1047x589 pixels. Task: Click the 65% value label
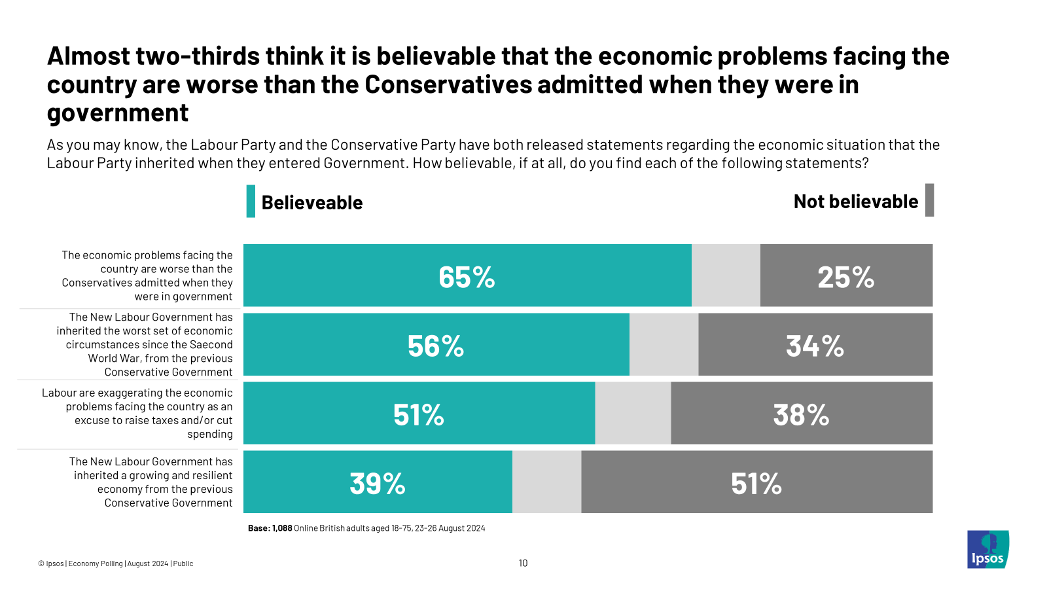click(467, 277)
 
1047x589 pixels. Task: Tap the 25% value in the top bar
click(845, 277)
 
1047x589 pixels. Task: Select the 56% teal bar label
click(436, 346)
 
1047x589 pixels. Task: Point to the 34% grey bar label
click(815, 346)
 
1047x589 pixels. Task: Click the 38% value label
click(801, 415)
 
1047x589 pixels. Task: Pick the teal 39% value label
click(378, 484)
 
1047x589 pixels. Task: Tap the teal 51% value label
click(419, 415)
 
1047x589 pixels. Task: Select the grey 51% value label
click(756, 484)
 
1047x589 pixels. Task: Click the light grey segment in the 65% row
click(726, 276)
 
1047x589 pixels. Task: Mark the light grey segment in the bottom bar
click(546, 482)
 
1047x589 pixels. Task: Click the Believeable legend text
click(312, 203)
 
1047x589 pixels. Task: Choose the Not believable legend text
click(855, 202)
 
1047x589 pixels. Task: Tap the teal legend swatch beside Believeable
click(251, 202)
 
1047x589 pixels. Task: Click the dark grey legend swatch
click(929, 200)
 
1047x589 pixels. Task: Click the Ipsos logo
click(988, 550)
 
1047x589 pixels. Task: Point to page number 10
click(523, 563)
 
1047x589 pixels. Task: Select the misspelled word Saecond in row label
click(211, 345)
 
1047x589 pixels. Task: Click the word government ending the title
click(118, 113)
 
